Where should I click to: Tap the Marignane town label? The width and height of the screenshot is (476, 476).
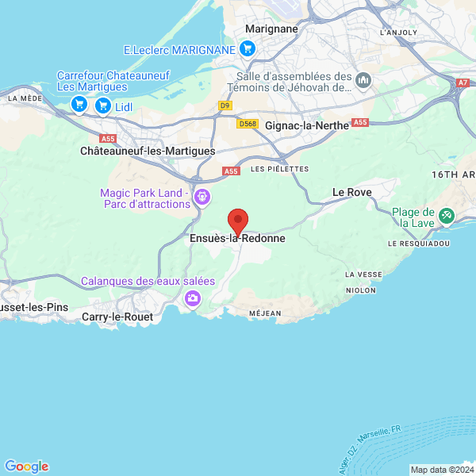tap(272, 29)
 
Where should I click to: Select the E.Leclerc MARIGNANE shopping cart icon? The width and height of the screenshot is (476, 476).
tap(248, 49)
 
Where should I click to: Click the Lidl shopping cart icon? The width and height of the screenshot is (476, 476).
tap(102, 105)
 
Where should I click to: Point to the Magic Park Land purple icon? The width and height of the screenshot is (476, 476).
tap(202, 195)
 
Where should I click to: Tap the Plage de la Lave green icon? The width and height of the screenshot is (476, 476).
tap(446, 213)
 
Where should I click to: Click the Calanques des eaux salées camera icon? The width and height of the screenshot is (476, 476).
tap(192, 298)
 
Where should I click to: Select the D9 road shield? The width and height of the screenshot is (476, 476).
tap(225, 105)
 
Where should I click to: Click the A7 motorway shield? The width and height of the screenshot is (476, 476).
tap(464, 83)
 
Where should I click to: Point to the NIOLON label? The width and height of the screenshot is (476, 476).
tap(360, 290)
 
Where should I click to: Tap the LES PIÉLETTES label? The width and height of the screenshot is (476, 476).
tap(279, 169)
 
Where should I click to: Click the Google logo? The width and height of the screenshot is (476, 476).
tap(26, 466)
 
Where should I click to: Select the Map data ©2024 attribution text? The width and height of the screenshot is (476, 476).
tap(440, 469)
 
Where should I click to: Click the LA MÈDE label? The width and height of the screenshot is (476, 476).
tap(24, 98)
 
